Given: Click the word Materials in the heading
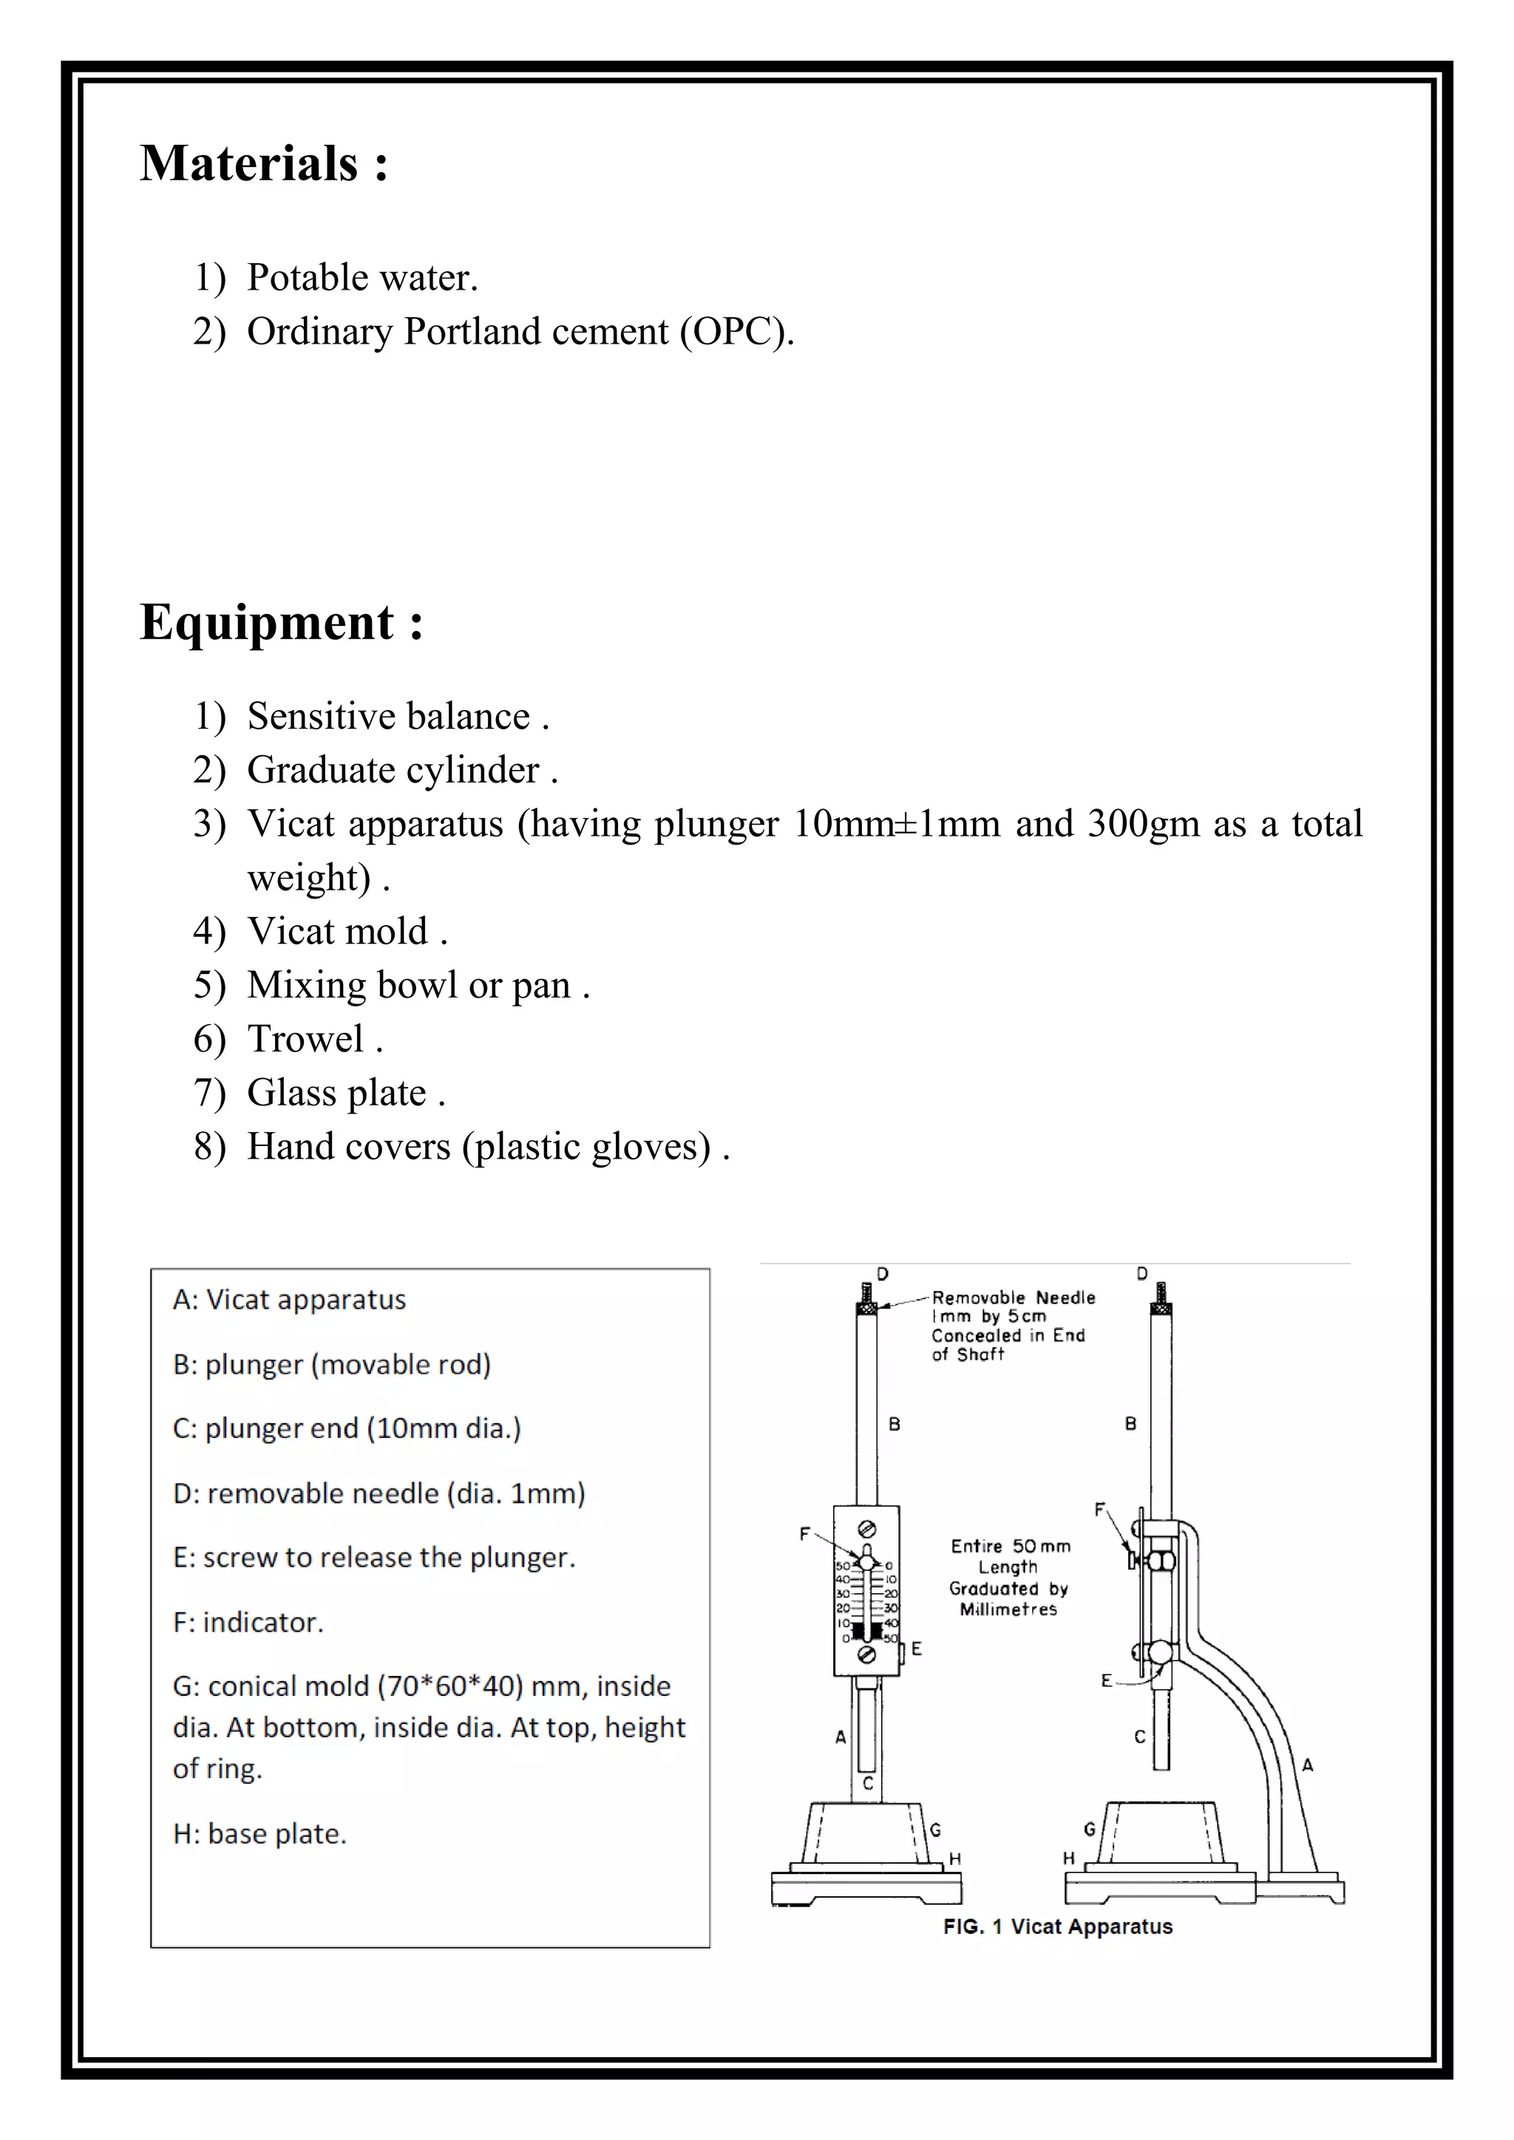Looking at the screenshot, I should pos(249,164).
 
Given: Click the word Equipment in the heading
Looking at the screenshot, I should pos(267,623).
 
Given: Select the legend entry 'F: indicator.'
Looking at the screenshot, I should pos(248,1623).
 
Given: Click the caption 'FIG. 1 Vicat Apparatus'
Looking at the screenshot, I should pos(1057,1926).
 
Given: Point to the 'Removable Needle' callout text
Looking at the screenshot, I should pos(1014,1298).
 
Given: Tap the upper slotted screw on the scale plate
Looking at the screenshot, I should pos(866,1529).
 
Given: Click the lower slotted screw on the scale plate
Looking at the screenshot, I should pos(866,1655).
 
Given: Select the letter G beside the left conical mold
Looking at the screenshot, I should pos(935,1830).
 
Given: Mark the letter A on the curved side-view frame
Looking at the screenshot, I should pos(1307,1765).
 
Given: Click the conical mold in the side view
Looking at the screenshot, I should pos(1161,1832).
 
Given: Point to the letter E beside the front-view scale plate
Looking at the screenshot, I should pos(917,1649).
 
